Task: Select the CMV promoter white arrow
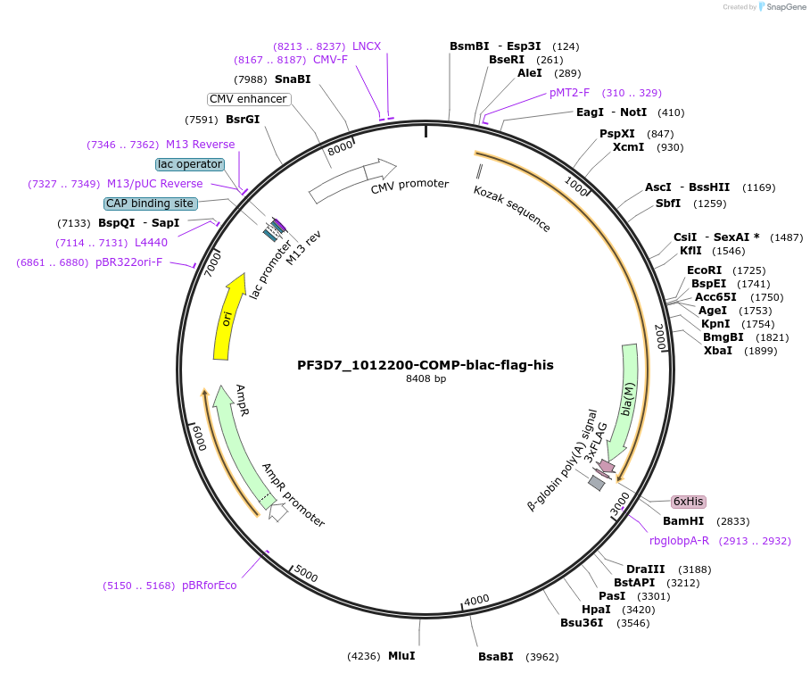[352, 181]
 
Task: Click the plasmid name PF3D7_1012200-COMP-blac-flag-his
[426, 365]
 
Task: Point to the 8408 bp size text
[426, 379]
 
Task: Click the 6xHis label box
[688, 502]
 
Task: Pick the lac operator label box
[189, 164]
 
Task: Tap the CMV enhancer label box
[249, 99]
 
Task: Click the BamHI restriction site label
[683, 521]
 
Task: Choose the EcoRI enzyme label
[705, 270]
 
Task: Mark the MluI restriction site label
[401, 656]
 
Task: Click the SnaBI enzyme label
[293, 79]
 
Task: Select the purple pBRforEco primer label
[210, 586]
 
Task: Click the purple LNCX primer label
[367, 46]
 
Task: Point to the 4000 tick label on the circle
[476, 599]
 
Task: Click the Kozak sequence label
[512, 210]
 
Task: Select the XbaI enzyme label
[718, 351]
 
